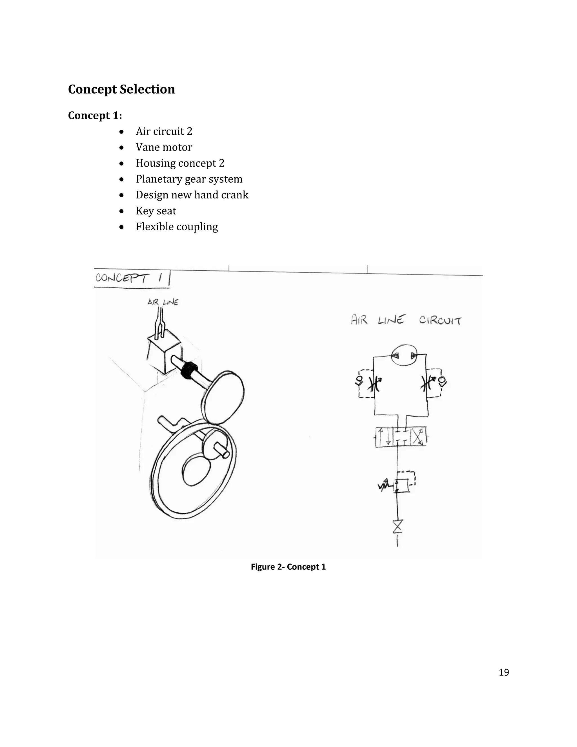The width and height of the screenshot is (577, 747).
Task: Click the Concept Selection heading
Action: [121, 89]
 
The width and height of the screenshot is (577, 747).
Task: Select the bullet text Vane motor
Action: [164, 147]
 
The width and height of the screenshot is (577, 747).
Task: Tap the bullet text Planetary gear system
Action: [189, 179]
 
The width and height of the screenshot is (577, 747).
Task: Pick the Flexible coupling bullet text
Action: [177, 227]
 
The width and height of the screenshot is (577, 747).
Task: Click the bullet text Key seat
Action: [156, 211]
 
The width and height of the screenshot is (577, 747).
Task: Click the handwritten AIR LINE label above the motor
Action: [163, 302]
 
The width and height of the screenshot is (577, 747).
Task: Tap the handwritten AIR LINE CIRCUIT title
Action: [406, 320]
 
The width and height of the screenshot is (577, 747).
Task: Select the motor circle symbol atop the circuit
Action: [404, 355]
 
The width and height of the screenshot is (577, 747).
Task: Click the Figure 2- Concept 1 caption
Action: [288, 567]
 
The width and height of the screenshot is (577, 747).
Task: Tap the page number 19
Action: [503, 672]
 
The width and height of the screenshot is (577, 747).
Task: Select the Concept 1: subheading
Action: [95, 116]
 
